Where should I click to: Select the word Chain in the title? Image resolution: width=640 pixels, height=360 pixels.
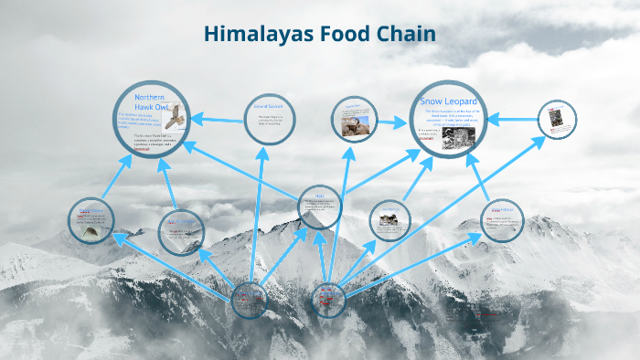click(x=403, y=34)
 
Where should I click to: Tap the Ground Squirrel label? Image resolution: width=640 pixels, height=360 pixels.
click(x=269, y=107)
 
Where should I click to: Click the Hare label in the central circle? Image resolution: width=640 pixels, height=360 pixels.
click(x=320, y=195)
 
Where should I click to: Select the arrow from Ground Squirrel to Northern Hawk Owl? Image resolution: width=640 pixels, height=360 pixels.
click(x=219, y=118)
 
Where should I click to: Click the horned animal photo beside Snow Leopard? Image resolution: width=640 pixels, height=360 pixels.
click(x=355, y=126)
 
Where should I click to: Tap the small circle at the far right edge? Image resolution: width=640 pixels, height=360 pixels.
click(x=556, y=120)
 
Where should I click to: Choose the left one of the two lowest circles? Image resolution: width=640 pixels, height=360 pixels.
click(x=249, y=299)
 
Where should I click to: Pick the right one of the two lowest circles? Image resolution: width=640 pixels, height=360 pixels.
click(x=327, y=297)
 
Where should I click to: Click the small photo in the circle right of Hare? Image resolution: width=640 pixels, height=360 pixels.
click(x=389, y=219)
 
